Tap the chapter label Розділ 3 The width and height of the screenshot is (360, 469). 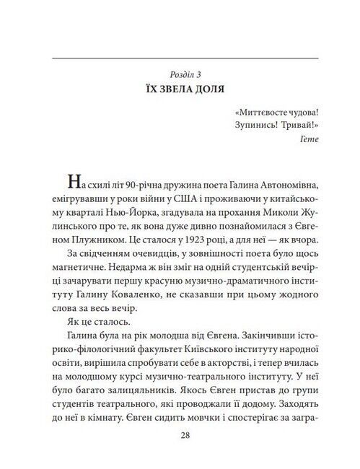tap(180, 75)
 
